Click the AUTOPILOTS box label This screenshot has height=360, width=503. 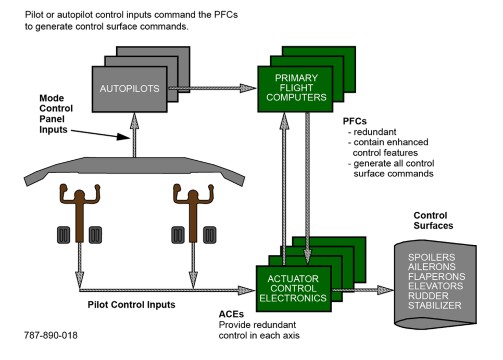tap(129, 88)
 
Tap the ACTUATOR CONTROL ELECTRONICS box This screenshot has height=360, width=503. tap(293, 288)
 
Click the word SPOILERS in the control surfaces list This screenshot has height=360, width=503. tap(431, 257)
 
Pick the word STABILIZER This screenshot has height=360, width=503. tap(434, 305)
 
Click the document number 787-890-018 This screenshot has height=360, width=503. tap(51, 335)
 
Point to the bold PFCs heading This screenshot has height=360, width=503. tap(352, 121)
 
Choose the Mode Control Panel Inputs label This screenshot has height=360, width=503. tap(57, 113)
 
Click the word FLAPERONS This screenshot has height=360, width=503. tap(436, 276)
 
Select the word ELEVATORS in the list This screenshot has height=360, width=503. tap(435, 286)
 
